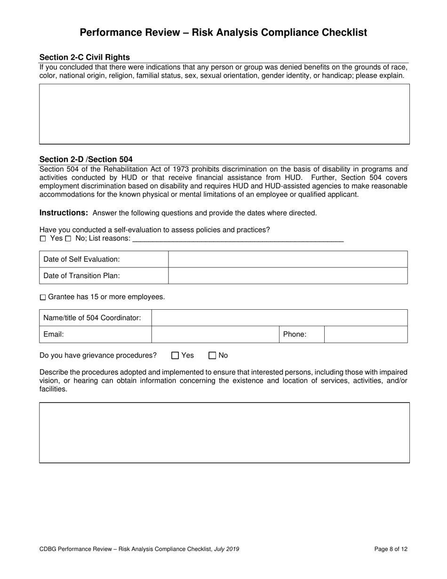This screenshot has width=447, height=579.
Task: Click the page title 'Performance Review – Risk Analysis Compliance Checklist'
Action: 223,32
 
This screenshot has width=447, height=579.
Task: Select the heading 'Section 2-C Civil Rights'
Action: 85,57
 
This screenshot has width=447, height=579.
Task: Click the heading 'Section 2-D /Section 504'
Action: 86,160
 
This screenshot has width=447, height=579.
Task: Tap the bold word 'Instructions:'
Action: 64,213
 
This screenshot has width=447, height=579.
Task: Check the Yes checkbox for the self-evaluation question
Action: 43,239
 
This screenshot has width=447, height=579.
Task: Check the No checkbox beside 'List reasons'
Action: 68,239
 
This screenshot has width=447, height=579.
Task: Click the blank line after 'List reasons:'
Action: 238,239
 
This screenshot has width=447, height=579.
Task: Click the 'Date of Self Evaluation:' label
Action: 81,259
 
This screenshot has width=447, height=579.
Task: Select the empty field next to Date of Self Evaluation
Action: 287,259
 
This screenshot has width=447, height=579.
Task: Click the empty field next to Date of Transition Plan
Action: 287,276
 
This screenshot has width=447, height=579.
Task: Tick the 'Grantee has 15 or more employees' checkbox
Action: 43,298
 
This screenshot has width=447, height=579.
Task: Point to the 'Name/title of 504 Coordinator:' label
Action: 92,318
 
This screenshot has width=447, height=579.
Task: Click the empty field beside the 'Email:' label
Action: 216,335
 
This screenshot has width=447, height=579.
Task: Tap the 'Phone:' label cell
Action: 295,335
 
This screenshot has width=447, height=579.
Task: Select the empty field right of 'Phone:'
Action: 366,335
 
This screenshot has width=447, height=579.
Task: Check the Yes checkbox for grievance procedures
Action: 176,356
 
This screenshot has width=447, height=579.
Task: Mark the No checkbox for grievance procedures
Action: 212,356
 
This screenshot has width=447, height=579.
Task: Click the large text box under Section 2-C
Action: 224,114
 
